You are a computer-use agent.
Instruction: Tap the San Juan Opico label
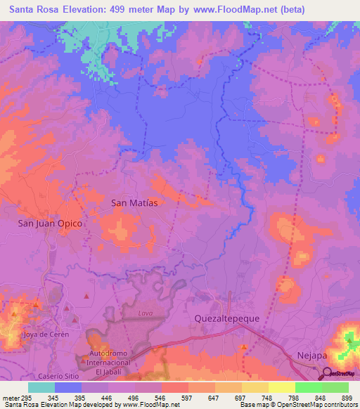click(51, 223)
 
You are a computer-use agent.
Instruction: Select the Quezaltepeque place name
click(227, 318)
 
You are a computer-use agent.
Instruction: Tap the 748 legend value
click(257, 397)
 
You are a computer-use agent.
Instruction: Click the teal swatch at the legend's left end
click(41, 387)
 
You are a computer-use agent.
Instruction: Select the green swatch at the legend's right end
click(335, 387)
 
